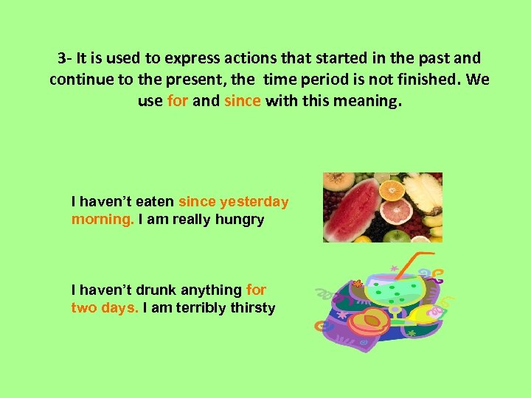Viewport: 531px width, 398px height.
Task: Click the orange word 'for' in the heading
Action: pyautogui.click(x=178, y=101)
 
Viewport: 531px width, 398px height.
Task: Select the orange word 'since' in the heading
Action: pyautogui.click(x=243, y=101)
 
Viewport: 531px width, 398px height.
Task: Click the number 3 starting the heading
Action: pyautogui.click(x=61, y=57)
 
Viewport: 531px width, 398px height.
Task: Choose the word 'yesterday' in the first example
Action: pyautogui.click(x=254, y=202)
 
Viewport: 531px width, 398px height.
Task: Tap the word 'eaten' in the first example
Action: pyautogui.click(x=155, y=202)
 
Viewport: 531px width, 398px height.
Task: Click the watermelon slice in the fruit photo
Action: pyautogui.click(x=350, y=210)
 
